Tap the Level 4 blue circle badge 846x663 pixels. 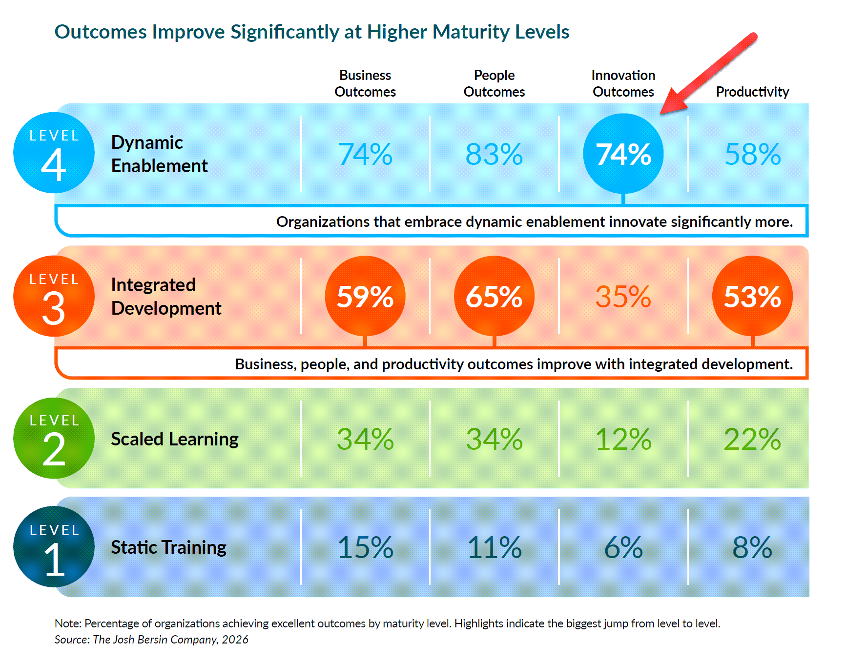point(54,153)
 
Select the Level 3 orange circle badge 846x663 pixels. point(54,296)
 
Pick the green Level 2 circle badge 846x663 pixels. point(54,438)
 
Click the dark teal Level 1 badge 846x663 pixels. point(54,546)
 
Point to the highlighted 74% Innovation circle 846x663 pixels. point(623,154)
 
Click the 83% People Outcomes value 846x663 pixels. point(494,154)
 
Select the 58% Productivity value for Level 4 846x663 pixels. point(752,154)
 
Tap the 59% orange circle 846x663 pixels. point(365,296)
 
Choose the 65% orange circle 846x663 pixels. point(494,296)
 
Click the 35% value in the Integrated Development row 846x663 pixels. point(623,297)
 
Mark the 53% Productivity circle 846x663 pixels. point(752,296)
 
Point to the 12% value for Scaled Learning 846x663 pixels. point(623,439)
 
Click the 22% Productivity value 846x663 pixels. point(752,439)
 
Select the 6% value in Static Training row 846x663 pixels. point(623,547)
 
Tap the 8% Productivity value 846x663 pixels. point(752,547)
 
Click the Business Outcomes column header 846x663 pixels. point(365,83)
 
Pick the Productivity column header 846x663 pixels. point(752,92)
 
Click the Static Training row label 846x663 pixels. point(168,547)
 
